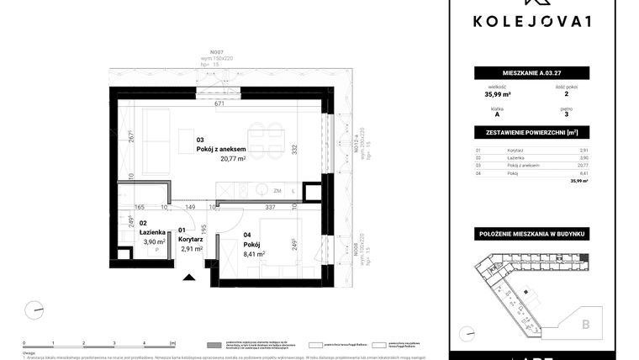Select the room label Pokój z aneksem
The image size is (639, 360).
pyautogui.click(x=221, y=149)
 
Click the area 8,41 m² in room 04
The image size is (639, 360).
pyautogui.click(x=253, y=253)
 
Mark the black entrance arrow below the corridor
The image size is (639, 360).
pyautogui.click(x=188, y=277)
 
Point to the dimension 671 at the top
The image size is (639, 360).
pyautogui.click(x=220, y=105)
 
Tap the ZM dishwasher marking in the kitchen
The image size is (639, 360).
pyautogui.click(x=277, y=191)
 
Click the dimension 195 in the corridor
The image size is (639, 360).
pyautogui.click(x=204, y=220)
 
